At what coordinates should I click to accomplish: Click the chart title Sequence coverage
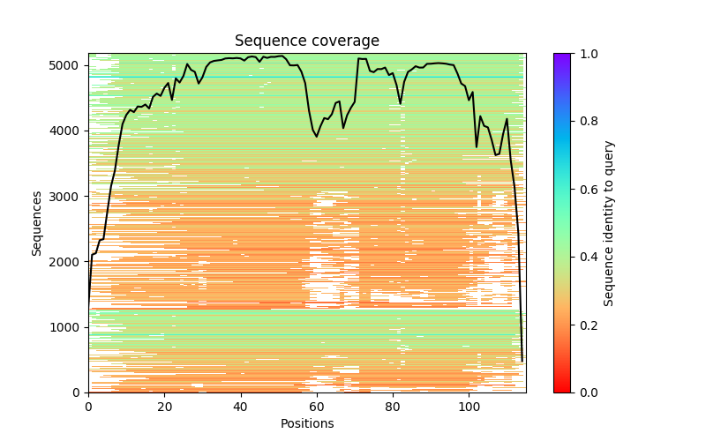[307, 41]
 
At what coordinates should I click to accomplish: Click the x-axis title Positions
[307, 423]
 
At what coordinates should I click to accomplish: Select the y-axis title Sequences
[37, 222]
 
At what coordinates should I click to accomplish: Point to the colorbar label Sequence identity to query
[609, 222]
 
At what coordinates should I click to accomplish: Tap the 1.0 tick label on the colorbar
[585, 54]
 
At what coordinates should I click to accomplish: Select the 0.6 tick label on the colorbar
[585, 189]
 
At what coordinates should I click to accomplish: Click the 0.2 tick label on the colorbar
[585, 325]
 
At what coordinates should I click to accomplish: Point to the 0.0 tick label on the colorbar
[585, 392]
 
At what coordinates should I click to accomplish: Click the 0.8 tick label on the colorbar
[585, 122]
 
